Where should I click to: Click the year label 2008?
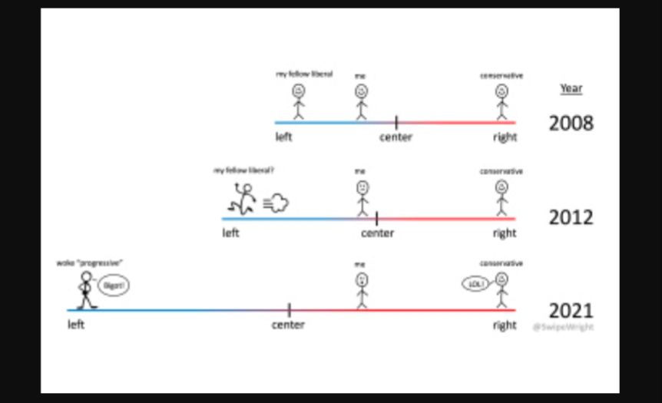tap(571, 122)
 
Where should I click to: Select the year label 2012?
tap(571, 217)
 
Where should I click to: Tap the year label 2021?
tap(571, 311)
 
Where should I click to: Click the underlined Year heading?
tap(571, 88)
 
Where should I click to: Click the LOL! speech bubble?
tap(475, 284)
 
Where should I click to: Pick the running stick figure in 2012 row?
tap(242, 199)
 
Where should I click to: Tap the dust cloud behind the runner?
tap(277, 203)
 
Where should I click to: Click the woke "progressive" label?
tap(90, 263)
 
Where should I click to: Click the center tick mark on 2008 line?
tap(396, 122)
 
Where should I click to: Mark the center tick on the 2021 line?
tap(289, 309)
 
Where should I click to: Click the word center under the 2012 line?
tap(377, 233)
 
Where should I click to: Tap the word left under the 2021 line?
tap(76, 325)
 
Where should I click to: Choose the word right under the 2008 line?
tap(505, 137)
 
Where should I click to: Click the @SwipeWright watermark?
tap(563, 327)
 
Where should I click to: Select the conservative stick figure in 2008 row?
tap(502, 102)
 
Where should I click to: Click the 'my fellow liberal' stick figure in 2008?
tap(298, 101)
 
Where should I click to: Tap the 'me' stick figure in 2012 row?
tap(362, 198)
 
